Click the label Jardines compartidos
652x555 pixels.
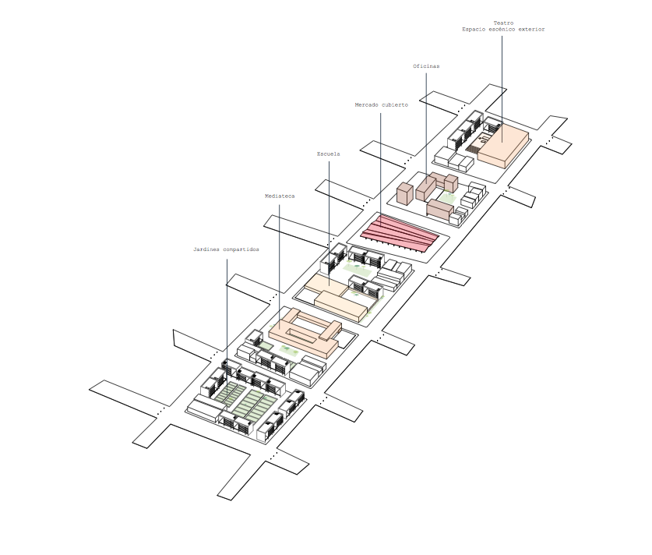(x=226, y=249)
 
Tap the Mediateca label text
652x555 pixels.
(x=280, y=196)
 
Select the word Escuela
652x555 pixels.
(x=329, y=154)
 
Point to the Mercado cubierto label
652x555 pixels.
(x=381, y=105)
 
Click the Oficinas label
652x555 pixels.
(x=426, y=66)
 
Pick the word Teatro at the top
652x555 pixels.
(x=503, y=23)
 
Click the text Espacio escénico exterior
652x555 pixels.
(x=503, y=30)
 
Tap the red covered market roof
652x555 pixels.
(x=400, y=234)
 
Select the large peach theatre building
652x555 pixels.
(x=503, y=148)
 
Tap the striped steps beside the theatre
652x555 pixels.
(x=472, y=147)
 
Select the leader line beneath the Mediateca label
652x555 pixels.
(x=279, y=267)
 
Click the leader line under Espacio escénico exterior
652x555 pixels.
(x=502, y=89)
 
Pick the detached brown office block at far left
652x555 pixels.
(x=404, y=194)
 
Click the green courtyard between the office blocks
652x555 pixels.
(x=446, y=198)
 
